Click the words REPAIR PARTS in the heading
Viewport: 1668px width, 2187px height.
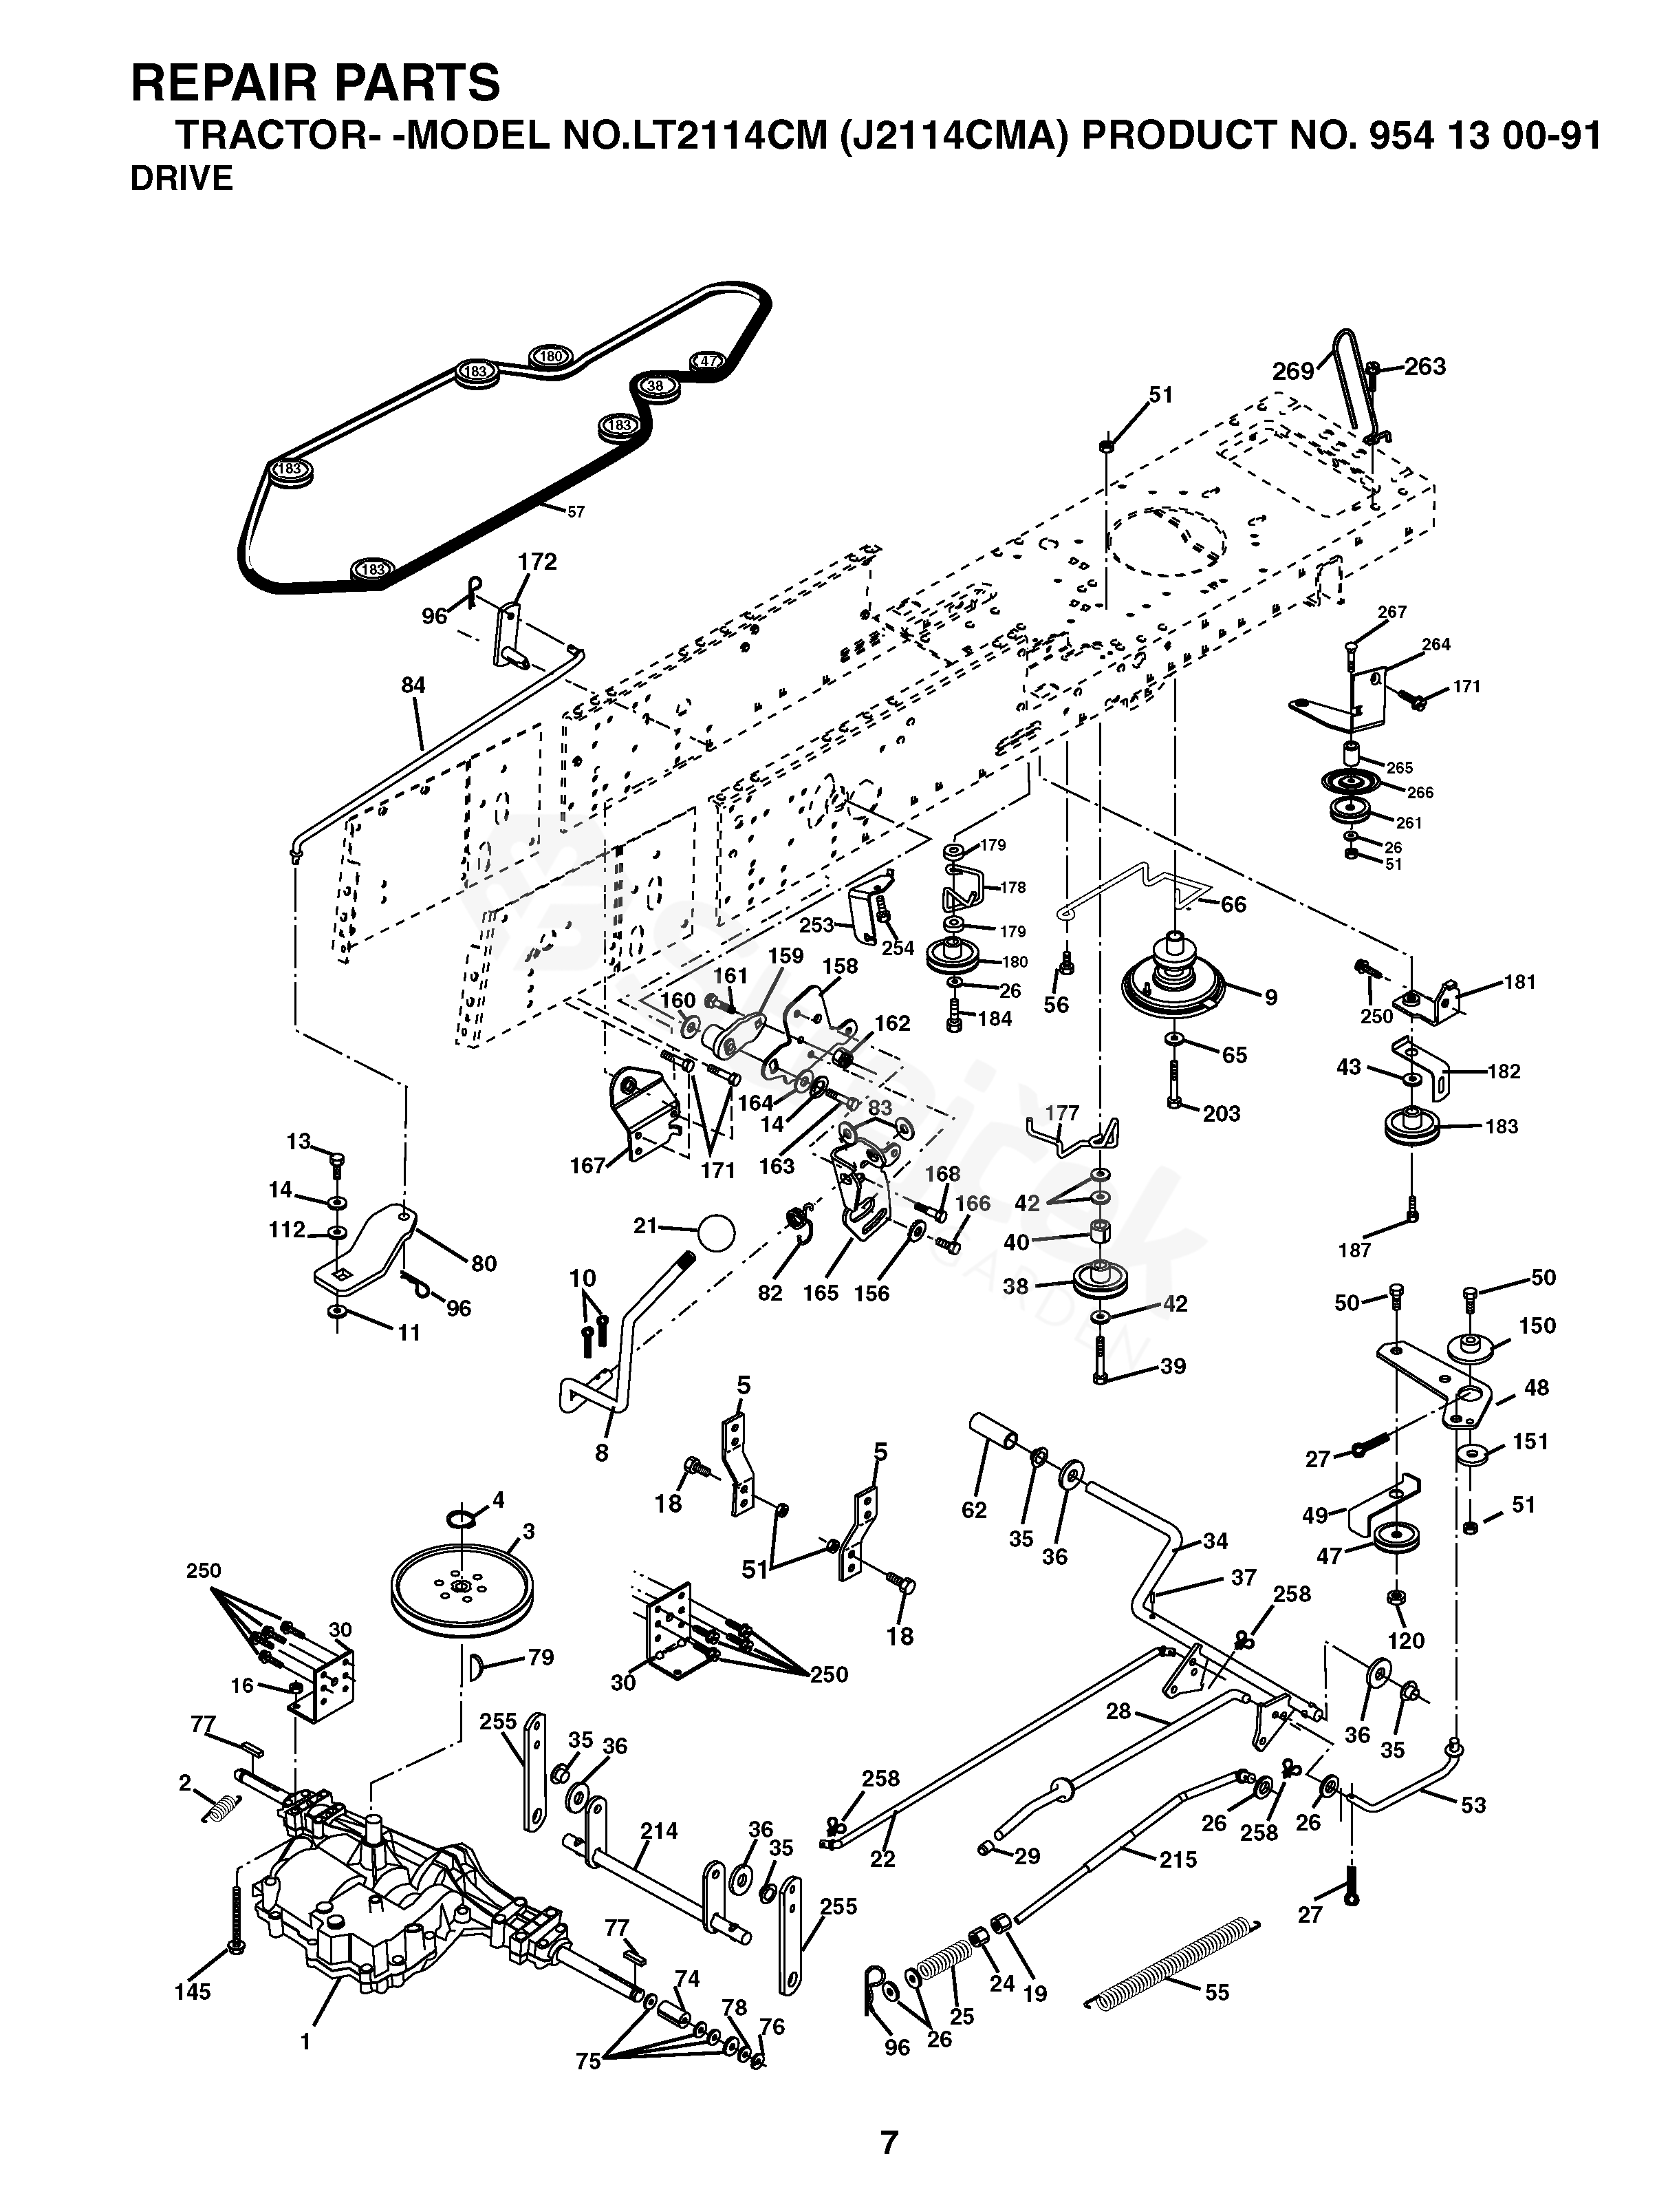(x=316, y=83)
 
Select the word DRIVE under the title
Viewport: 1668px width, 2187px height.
(x=182, y=179)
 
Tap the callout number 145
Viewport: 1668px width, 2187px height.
(x=193, y=1992)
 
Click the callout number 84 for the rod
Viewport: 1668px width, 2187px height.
(x=413, y=685)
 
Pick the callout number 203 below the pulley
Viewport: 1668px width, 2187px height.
(x=1221, y=1113)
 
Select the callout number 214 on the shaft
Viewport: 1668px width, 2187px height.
(x=658, y=1831)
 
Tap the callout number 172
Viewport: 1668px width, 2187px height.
(x=537, y=562)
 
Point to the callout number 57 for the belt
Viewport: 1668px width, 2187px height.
(x=576, y=513)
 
